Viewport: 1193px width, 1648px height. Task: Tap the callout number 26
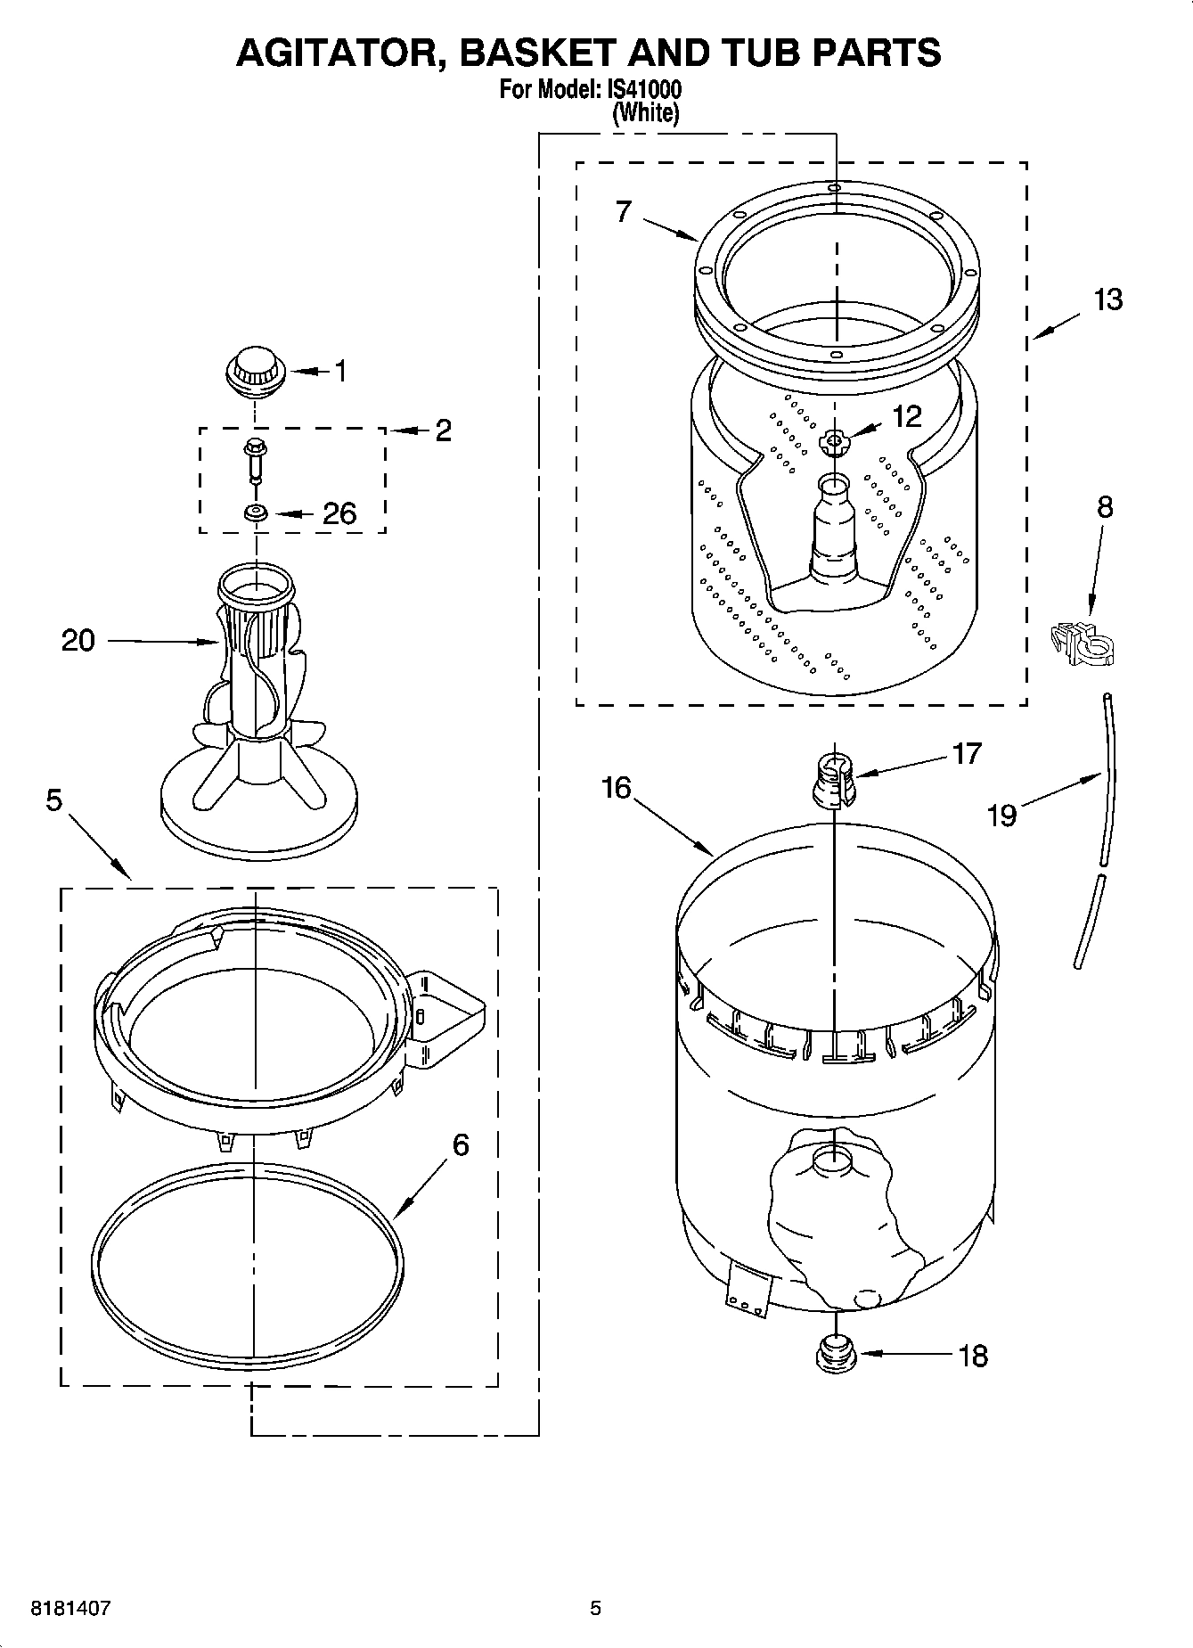point(339,513)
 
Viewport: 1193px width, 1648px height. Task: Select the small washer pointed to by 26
point(257,513)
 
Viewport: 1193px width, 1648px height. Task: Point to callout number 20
point(78,641)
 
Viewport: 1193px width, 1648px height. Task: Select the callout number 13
point(1107,300)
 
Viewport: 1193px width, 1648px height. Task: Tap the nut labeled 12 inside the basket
point(834,441)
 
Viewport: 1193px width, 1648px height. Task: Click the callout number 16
point(616,788)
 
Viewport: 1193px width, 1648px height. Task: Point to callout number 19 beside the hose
point(1002,816)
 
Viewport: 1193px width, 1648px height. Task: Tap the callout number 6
point(460,1144)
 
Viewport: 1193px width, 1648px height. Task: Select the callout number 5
point(54,801)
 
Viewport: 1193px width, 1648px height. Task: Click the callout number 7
point(623,211)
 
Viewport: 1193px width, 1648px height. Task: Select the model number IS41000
point(644,91)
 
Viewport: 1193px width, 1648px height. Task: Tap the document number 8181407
point(70,1609)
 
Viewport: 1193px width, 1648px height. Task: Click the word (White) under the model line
point(646,113)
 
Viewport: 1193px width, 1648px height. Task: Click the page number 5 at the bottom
point(595,1609)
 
